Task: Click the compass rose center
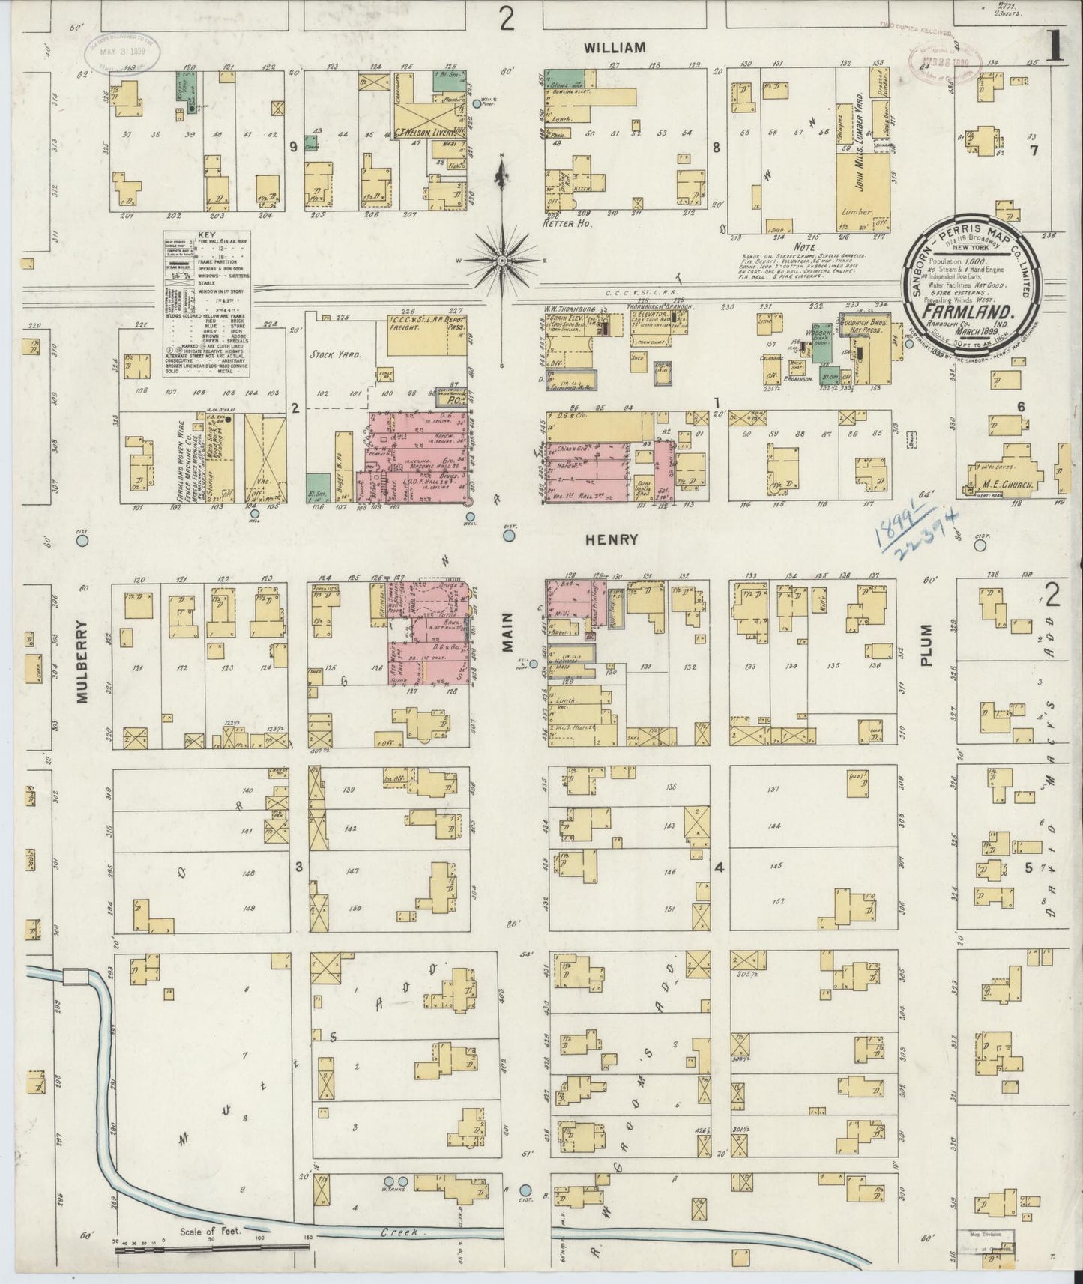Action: pyautogui.click(x=501, y=260)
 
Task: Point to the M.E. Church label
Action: pyautogui.click(x=1008, y=485)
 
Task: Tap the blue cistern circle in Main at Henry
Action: pyautogui.click(x=509, y=536)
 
